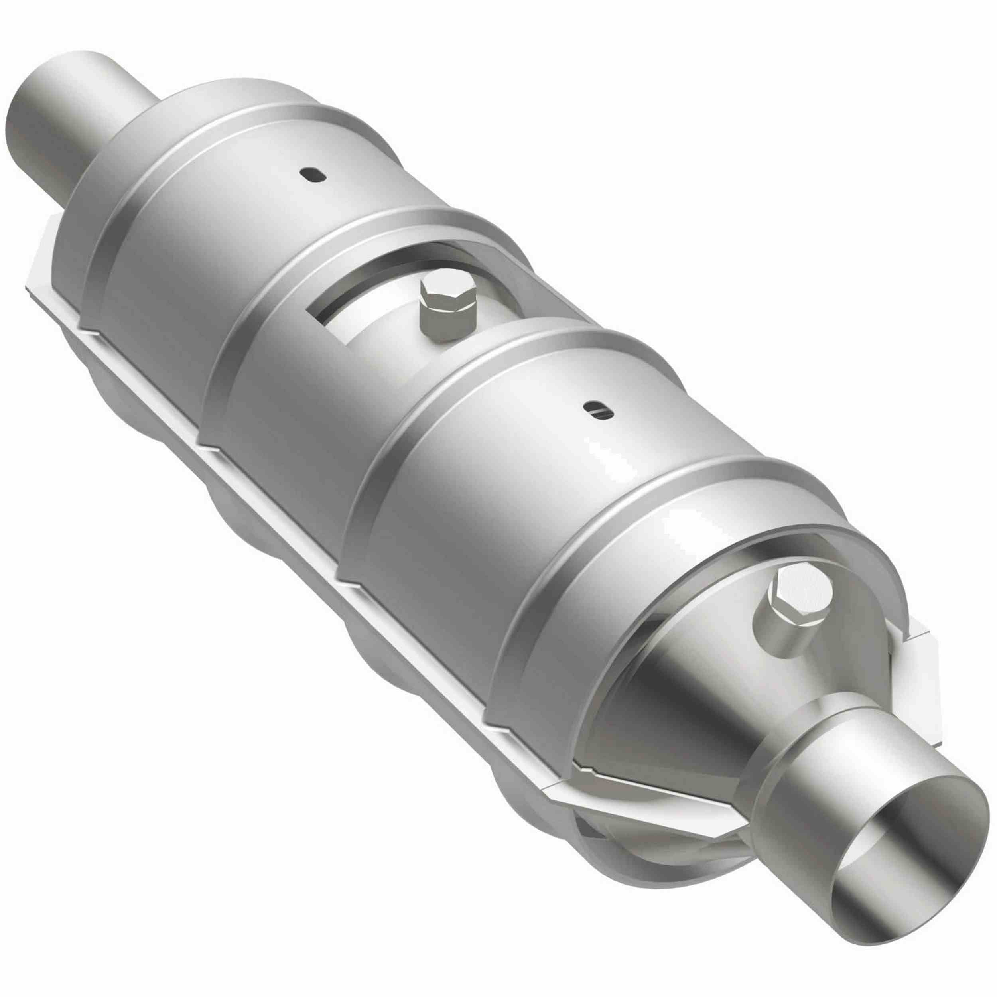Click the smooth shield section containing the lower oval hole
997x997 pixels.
coord(542,465)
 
